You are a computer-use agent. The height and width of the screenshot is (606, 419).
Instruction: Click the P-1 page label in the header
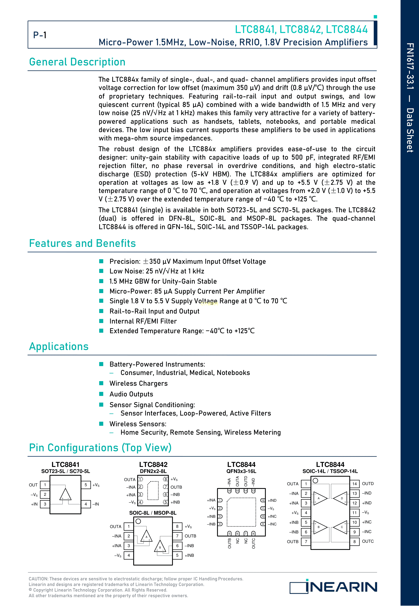[40, 35]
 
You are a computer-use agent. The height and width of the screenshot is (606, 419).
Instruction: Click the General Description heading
[77, 62]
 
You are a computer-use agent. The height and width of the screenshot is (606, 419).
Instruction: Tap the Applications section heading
[59, 346]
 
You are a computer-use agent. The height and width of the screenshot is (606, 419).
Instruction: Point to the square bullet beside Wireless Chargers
[101, 383]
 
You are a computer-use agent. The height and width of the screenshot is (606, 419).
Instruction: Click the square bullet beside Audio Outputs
[101, 394]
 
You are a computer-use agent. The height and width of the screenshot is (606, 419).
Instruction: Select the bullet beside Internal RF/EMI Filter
[101, 321]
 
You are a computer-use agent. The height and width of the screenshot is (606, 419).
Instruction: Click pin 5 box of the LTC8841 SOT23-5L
[86, 485]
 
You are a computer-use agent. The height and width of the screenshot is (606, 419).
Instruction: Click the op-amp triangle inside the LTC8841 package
[65, 494]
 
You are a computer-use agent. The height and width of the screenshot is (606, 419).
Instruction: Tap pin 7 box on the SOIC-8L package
[177, 536]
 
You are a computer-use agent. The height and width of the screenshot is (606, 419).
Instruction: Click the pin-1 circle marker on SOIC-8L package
[138, 521]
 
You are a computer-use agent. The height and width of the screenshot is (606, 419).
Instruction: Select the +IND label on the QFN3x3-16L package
[272, 500]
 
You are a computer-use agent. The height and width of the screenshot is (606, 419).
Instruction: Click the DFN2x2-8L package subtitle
[153, 471]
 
